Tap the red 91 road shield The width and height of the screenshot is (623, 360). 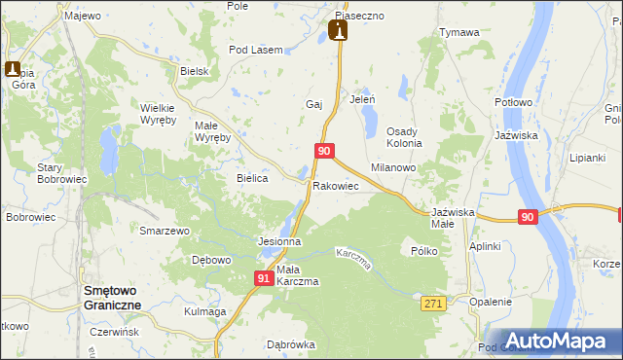tap(264, 278)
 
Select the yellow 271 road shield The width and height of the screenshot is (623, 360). tap(434, 305)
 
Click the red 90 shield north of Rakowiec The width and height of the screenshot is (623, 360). tap(325, 151)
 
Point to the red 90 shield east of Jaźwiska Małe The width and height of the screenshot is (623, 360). tap(527, 218)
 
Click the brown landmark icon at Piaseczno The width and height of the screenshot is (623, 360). tap(339, 31)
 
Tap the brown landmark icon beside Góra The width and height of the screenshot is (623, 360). tap(14, 70)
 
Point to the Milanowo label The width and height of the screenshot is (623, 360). tap(393, 167)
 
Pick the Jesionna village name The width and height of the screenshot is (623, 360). tap(278, 240)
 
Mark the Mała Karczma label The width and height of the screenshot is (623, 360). tap(298, 275)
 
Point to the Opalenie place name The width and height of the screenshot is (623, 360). tap(490, 302)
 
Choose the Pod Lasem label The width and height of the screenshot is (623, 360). tap(255, 50)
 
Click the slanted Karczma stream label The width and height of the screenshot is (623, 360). tap(354, 259)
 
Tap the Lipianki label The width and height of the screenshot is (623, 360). tap(587, 157)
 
